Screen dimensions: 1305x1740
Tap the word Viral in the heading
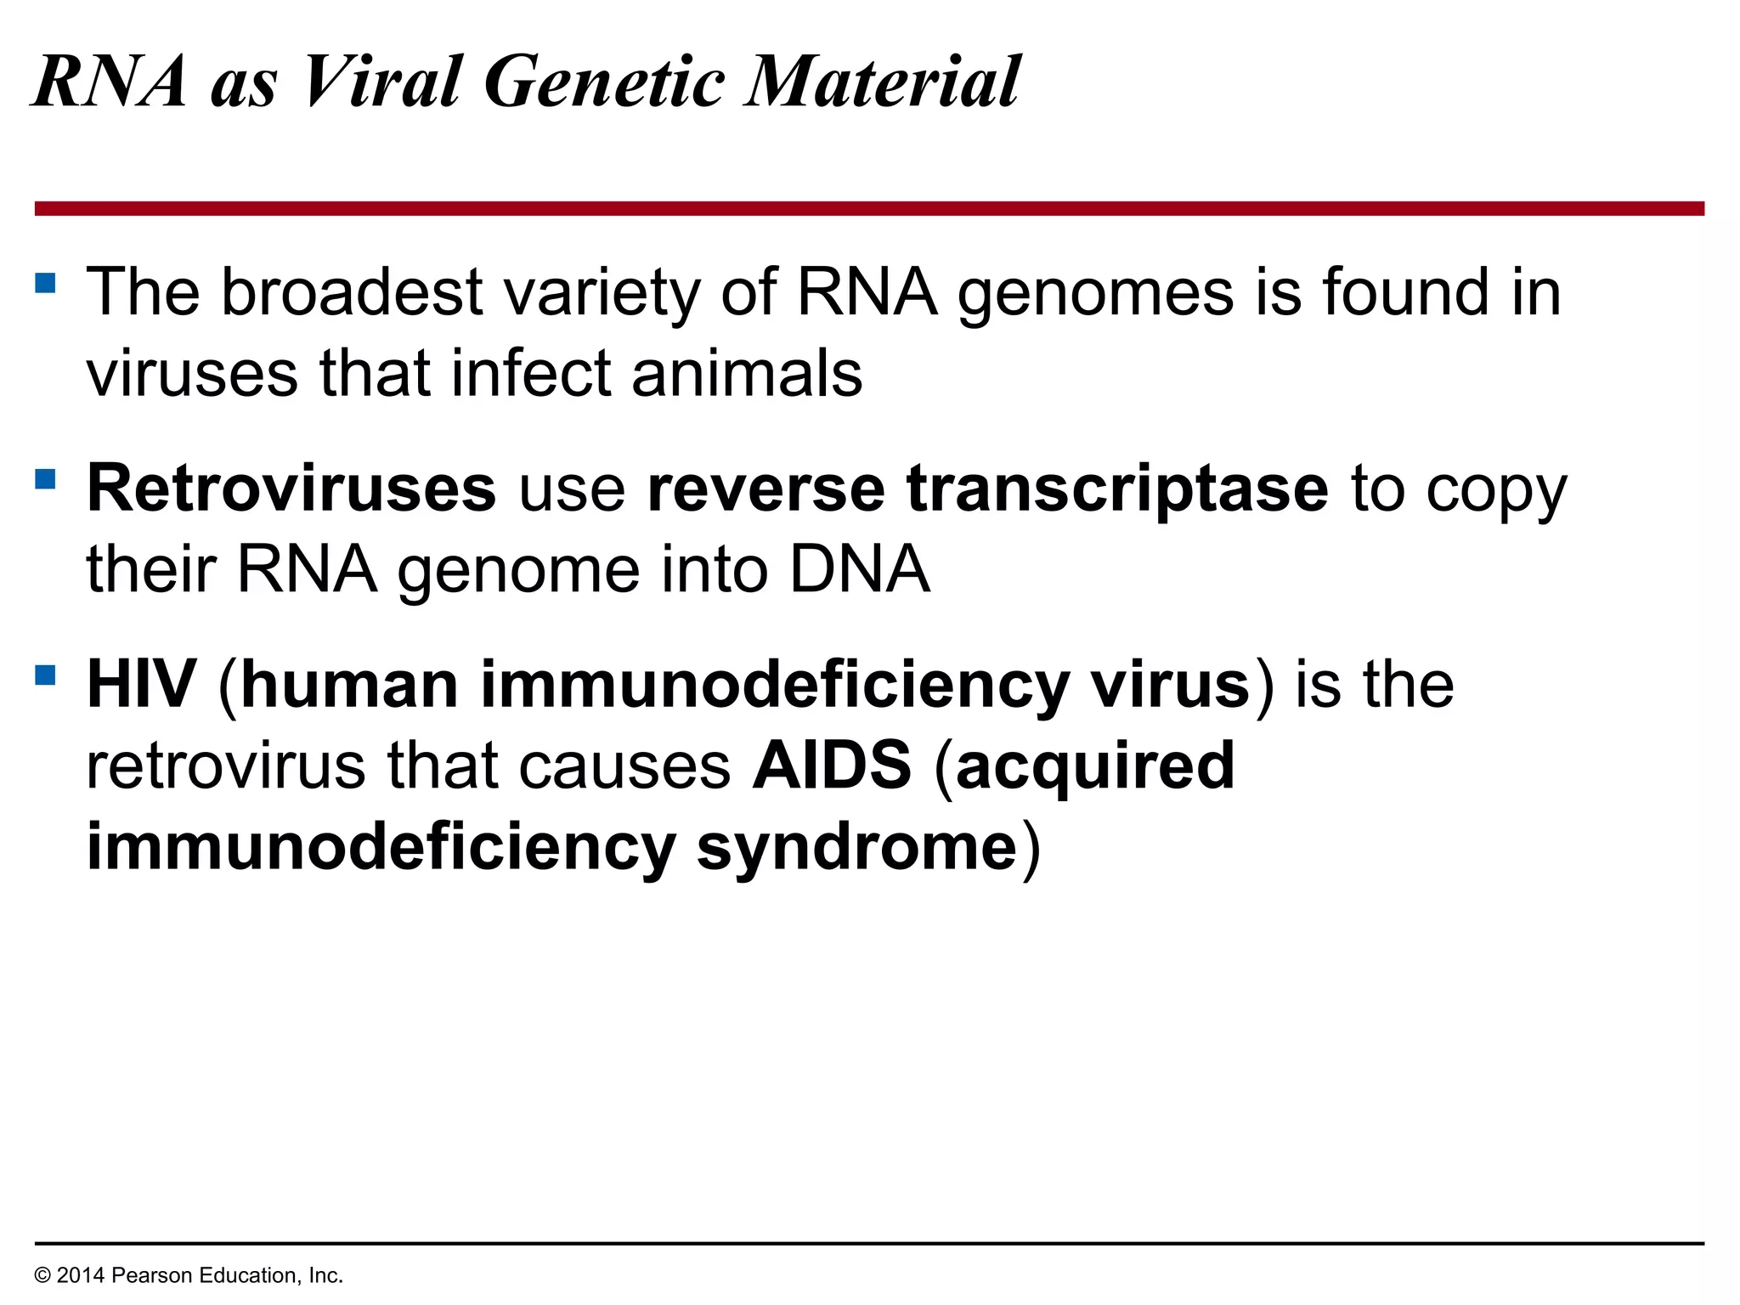coord(382,82)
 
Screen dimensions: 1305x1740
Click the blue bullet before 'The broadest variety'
coord(45,283)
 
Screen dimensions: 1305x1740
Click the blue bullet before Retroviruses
coord(45,479)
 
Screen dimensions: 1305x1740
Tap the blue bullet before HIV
coord(45,675)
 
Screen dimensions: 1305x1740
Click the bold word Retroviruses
coord(291,489)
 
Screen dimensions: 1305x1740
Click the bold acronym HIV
coord(142,685)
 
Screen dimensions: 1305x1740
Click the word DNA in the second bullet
coord(859,569)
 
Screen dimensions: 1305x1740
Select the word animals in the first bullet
coord(747,374)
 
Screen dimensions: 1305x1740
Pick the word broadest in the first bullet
coord(352,292)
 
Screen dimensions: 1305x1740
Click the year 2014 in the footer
coord(80,1275)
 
